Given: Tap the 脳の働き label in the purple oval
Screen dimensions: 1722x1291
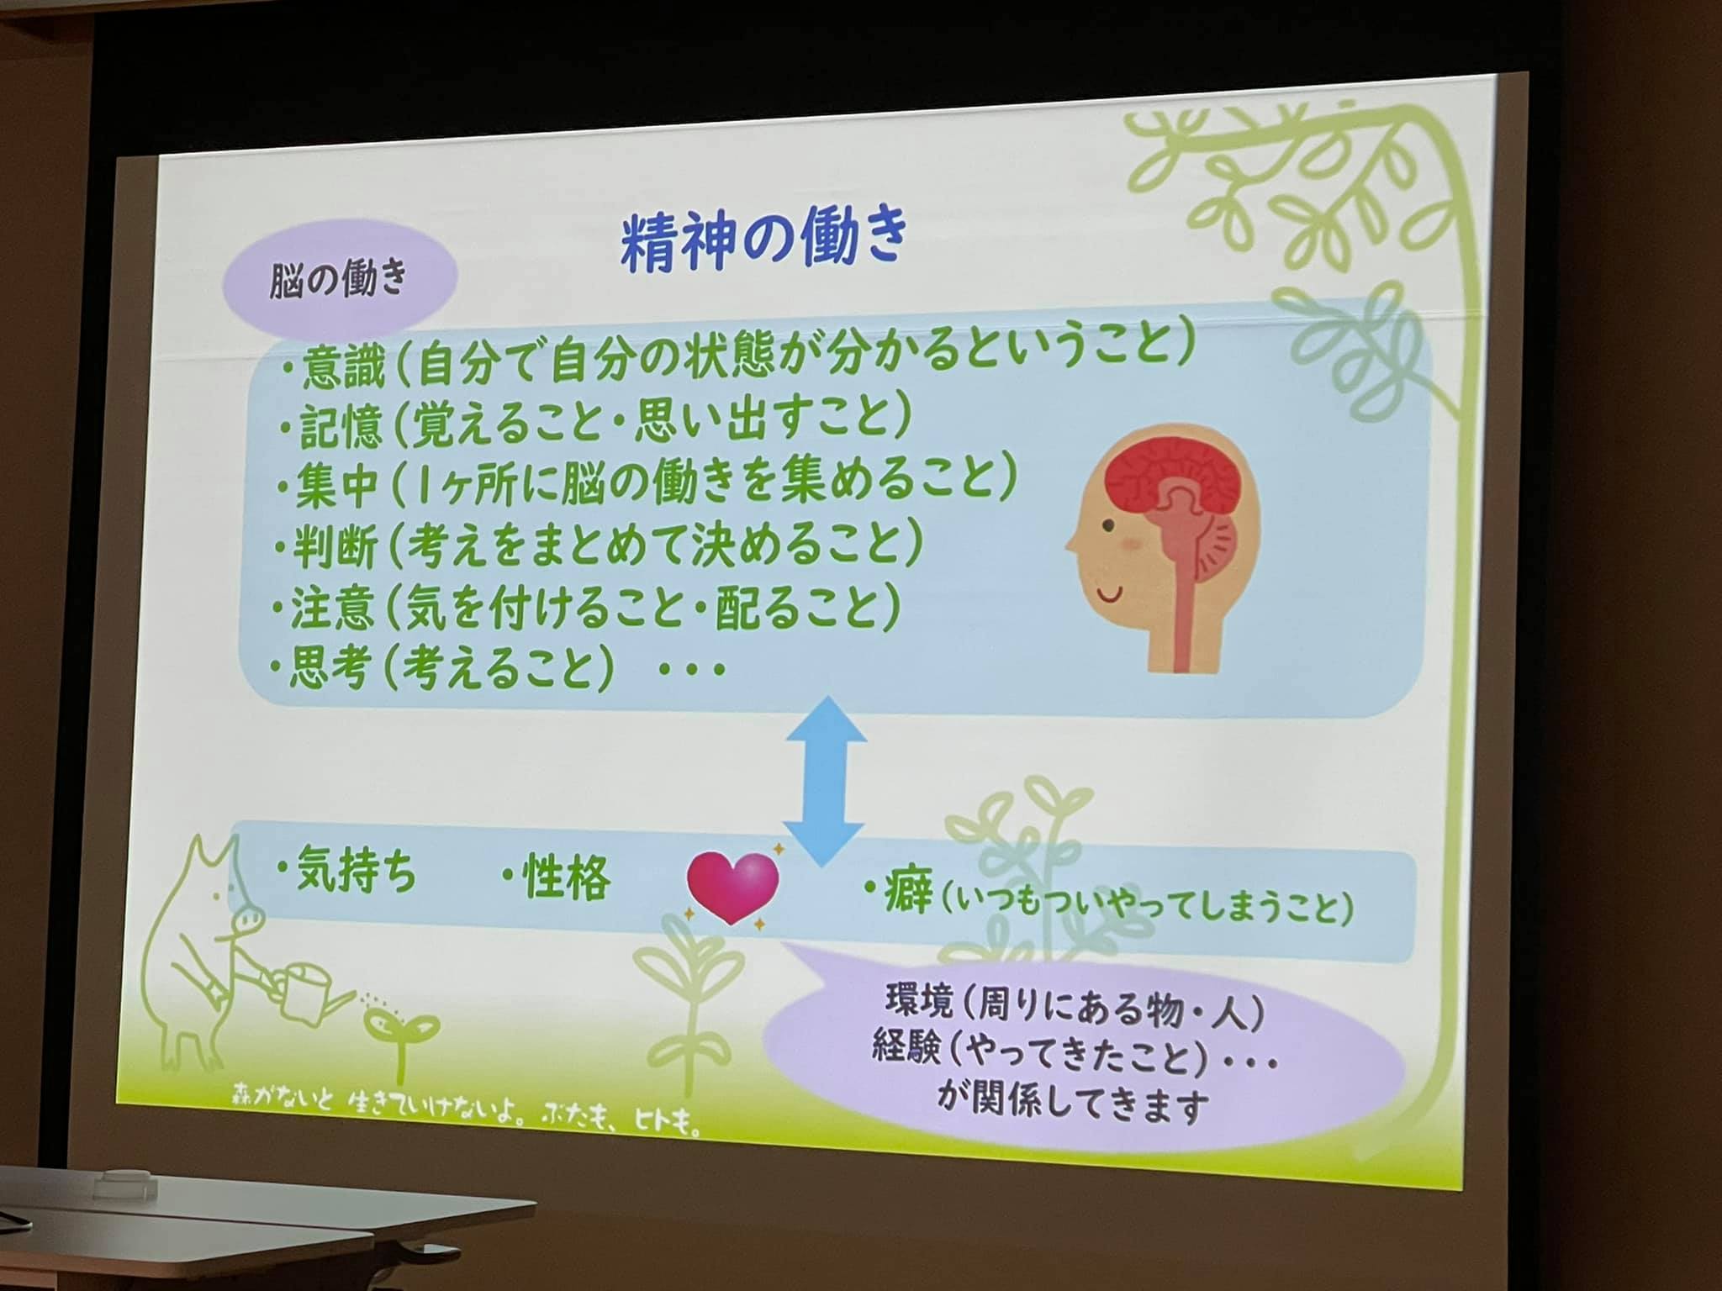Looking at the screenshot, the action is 338,278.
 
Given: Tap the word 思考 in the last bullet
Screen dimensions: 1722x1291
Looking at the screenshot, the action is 327,670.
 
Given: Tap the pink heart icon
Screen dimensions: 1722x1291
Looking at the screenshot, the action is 732,888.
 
